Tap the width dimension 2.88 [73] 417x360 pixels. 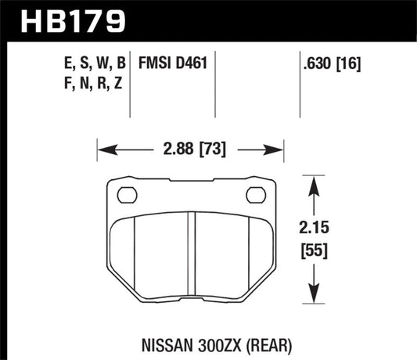click(189, 146)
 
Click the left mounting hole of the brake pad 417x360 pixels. click(125, 195)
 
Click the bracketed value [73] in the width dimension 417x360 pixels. click(213, 146)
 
